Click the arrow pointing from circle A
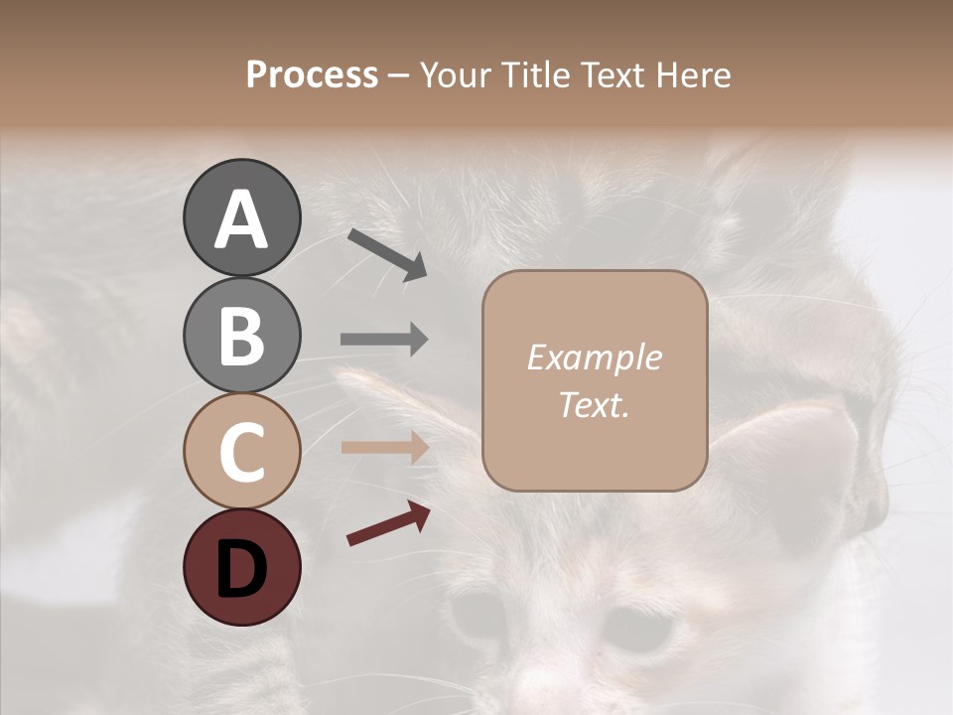tap(387, 254)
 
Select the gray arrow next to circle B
tap(384, 340)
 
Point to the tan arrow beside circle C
tap(384, 448)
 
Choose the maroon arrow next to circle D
tap(388, 524)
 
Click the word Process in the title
tap(312, 75)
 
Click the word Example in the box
tap(594, 357)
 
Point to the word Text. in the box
tap(594, 405)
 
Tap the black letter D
tap(241, 568)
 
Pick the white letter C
tap(241, 452)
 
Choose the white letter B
tap(241, 336)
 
